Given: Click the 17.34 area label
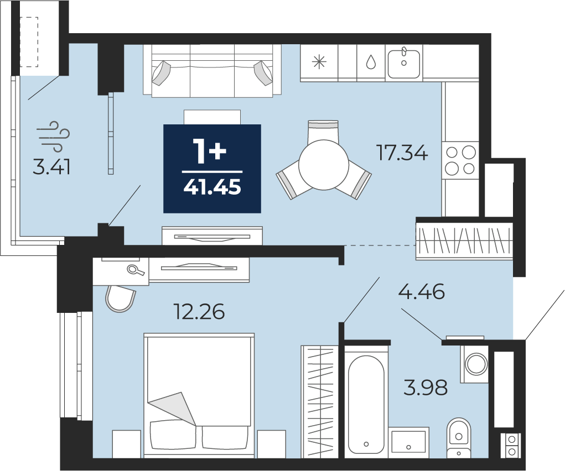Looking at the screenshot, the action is click(x=402, y=153).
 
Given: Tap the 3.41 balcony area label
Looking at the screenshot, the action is click(x=51, y=167).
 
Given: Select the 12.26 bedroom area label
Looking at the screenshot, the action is click(x=199, y=311).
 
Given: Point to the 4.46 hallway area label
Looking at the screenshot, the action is click(x=422, y=292).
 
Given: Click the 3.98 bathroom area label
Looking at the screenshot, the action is click(x=426, y=388).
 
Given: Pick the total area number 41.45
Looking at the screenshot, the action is click(x=212, y=187).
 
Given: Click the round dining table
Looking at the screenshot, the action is click(x=324, y=165).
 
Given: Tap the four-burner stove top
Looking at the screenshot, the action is click(x=460, y=160).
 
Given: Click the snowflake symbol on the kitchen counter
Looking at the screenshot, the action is click(x=319, y=62).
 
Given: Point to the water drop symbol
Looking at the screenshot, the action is click(x=371, y=62).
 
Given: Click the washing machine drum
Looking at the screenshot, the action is click(x=476, y=364).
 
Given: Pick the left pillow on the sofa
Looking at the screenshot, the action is click(x=161, y=73).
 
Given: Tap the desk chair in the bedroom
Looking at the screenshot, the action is click(x=120, y=298).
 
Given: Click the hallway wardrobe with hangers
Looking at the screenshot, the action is click(x=464, y=238).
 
